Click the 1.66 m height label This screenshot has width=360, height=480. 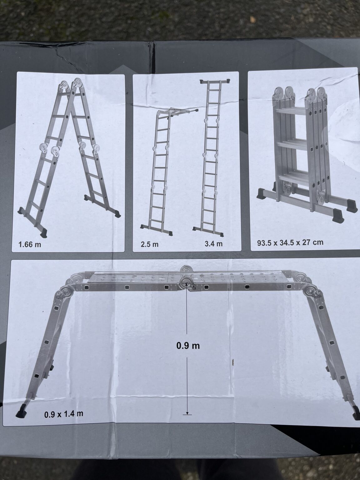(30, 244)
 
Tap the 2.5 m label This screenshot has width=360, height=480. (150, 244)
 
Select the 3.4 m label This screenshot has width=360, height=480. (213, 244)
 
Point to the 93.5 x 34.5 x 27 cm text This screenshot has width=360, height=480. (290, 242)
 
